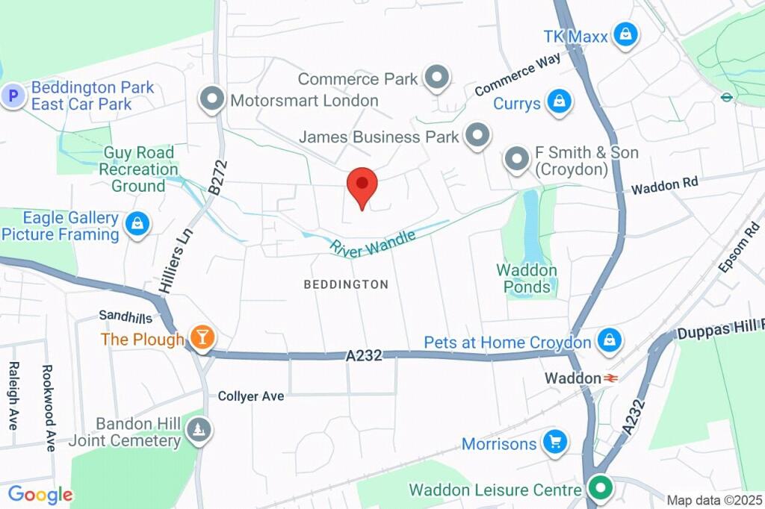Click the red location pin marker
[362, 187]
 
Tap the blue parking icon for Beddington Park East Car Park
[13, 96]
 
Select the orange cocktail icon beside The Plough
[201, 338]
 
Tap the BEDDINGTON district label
[346, 284]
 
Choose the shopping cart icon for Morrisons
[554, 442]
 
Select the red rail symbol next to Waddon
[610, 378]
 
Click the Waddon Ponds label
[527, 278]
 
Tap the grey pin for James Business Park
[476, 135]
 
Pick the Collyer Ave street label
[251, 396]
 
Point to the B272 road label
[218, 177]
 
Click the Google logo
[40, 494]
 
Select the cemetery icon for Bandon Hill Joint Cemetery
[199, 430]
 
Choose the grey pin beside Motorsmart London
[213, 99]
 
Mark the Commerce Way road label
[517, 78]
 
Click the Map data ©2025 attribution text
[714, 501]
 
